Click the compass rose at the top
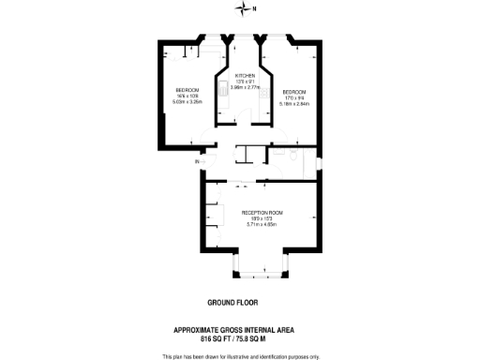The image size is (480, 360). (239, 10)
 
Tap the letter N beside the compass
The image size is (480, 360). (251, 10)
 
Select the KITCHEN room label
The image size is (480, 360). (245, 76)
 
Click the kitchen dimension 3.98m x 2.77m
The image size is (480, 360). (245, 87)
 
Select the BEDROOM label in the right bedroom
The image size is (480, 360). (295, 91)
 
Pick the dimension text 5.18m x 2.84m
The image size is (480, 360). (295, 102)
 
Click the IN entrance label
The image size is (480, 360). (197, 162)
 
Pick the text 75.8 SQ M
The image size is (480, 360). (251, 337)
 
